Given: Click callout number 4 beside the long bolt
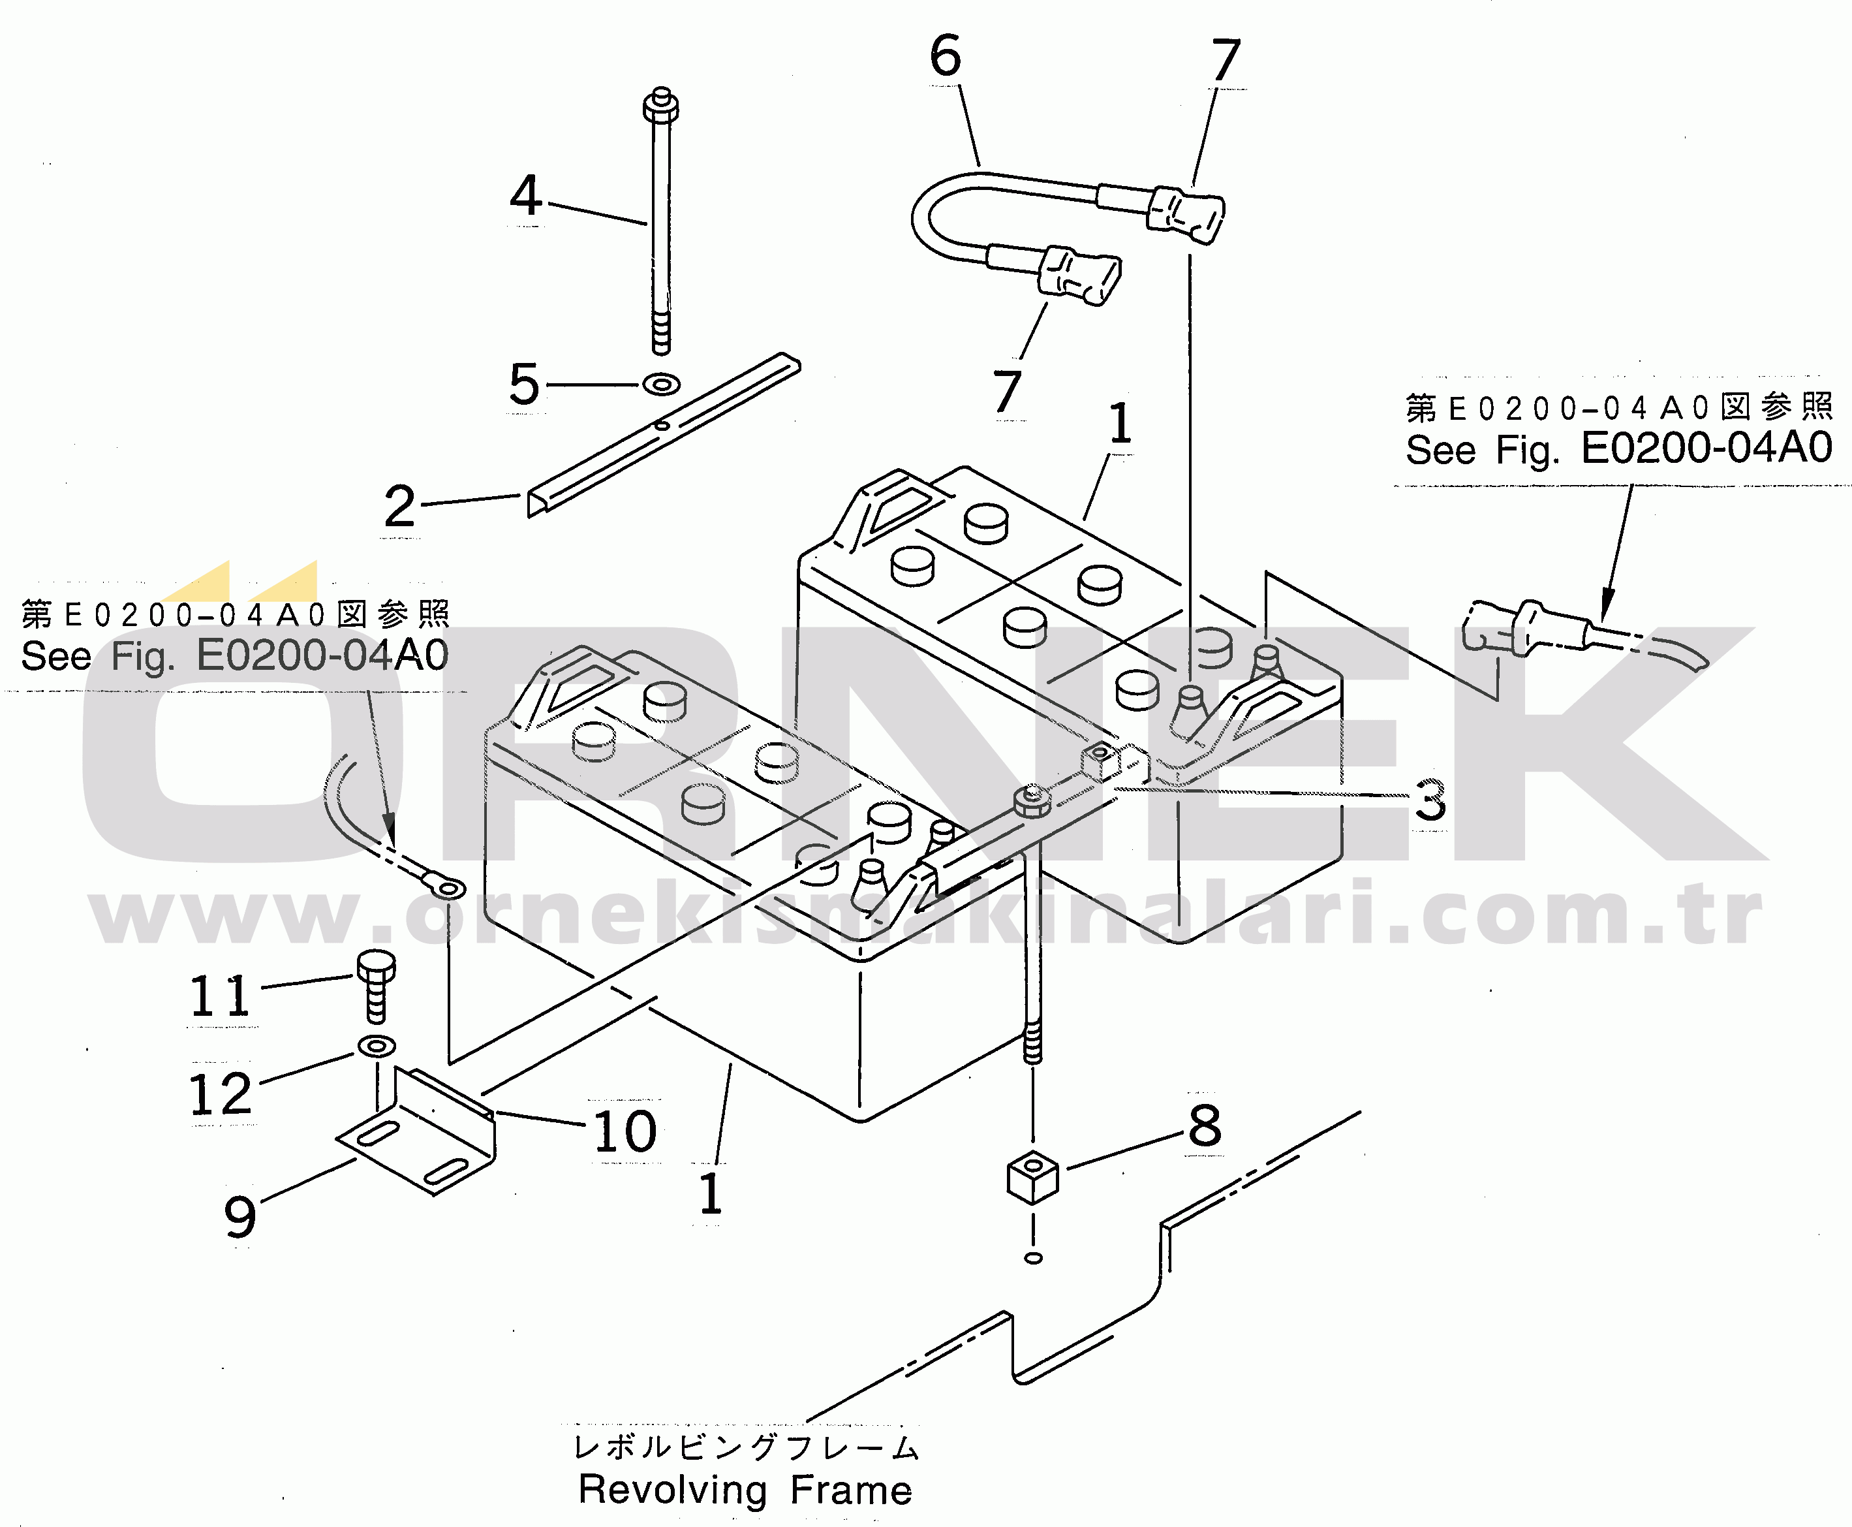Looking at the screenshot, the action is tap(526, 195).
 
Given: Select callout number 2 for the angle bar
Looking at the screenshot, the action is tap(399, 507).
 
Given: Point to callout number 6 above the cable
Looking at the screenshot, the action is tap(946, 55).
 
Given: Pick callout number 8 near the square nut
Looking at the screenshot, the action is tap(1205, 1126).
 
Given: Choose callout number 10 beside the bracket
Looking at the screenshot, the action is tap(625, 1131).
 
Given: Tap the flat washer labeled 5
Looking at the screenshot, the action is tap(660, 385).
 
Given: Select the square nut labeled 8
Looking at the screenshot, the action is tap(1032, 1176).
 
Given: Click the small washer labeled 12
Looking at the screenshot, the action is tap(377, 1047).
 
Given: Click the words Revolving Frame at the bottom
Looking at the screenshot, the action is tap(746, 1490).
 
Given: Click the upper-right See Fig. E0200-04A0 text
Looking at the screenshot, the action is tap(1619, 449).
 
